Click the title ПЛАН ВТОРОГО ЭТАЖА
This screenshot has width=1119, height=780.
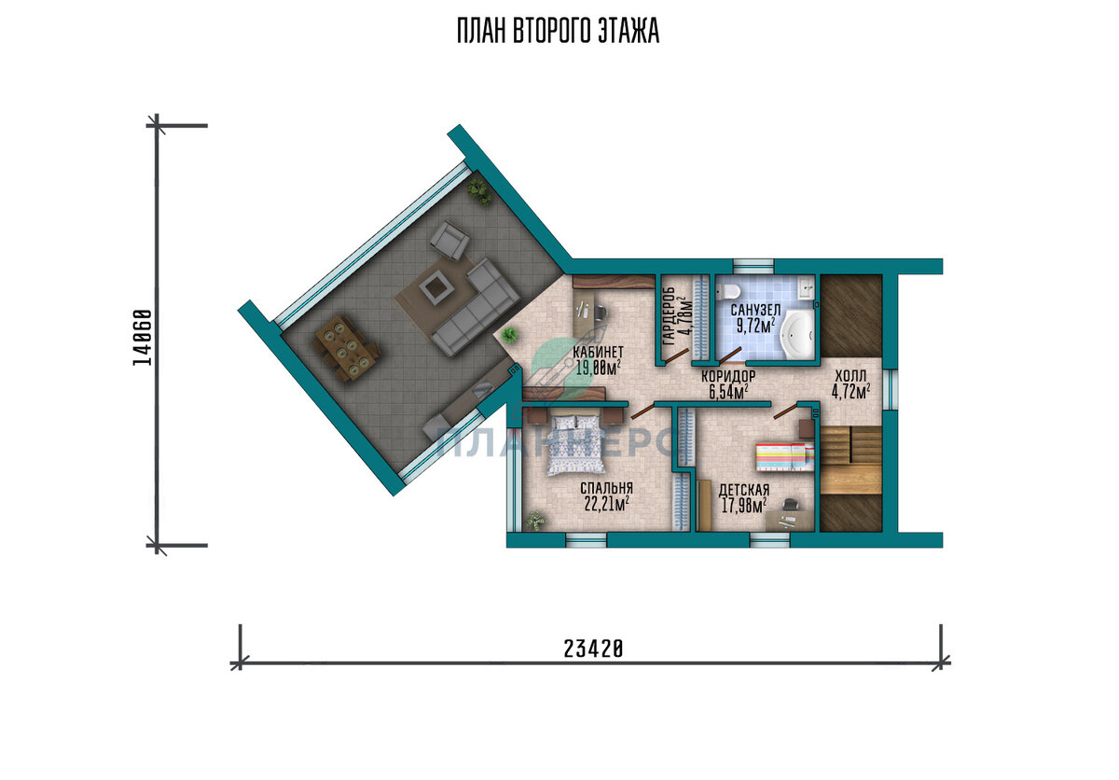tap(559, 31)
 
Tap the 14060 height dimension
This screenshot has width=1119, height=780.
tap(143, 338)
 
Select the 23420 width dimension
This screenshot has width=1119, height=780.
tap(593, 649)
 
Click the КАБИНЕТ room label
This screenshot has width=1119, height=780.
tap(598, 351)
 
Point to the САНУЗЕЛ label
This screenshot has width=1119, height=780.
tap(756, 310)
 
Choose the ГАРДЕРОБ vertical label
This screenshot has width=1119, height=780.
tap(669, 316)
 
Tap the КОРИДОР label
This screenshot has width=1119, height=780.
tap(728, 376)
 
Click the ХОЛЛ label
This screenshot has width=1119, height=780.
tap(851, 375)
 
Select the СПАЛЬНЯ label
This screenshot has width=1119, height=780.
tap(606, 488)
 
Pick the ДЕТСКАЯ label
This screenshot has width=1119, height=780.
tap(744, 490)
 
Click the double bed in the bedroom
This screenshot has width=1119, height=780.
tap(577, 445)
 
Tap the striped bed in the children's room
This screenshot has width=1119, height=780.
tap(785, 456)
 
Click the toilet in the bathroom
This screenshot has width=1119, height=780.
tap(728, 291)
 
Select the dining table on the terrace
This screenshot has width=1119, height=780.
tap(345, 347)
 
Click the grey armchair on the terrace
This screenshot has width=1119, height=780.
tap(449, 241)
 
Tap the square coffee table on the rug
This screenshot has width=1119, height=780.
tap(433, 289)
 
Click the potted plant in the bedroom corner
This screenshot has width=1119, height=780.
tap(535, 520)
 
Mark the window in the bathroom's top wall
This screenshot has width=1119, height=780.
tap(753, 266)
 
